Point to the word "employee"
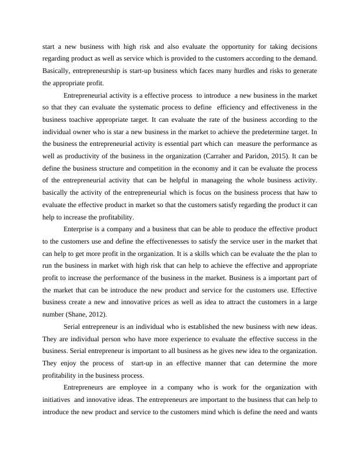(x=129, y=387)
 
